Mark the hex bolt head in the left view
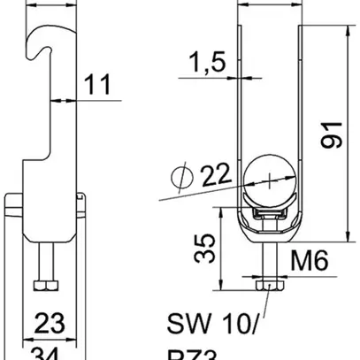click(44, 285)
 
